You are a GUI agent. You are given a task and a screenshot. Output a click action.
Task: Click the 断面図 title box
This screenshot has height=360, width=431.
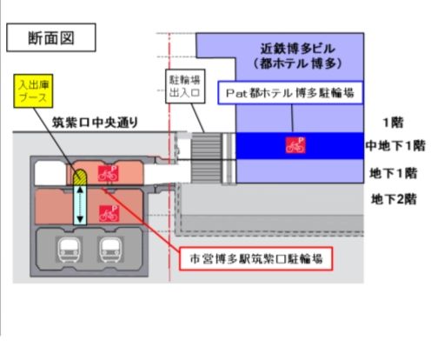51,37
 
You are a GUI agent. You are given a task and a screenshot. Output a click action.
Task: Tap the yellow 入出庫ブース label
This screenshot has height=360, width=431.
33,91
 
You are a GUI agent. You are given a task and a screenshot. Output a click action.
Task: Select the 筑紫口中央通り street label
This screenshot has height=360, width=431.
95,123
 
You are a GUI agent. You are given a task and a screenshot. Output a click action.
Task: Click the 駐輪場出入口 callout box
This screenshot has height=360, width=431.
185,86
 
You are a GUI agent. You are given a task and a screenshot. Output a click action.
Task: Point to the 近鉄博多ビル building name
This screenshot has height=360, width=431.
298,49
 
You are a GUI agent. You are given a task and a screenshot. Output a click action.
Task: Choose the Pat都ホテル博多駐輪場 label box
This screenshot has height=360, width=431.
290,93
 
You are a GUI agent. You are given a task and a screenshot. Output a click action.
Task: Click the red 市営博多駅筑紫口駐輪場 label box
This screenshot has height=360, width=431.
256,258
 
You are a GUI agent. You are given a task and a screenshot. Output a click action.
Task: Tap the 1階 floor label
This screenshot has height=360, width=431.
393,123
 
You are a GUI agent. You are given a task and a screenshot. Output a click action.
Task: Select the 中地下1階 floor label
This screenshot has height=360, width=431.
395,145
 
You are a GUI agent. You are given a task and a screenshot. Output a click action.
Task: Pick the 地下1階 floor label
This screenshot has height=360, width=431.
394,173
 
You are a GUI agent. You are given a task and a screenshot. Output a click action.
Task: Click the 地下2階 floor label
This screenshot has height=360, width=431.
394,199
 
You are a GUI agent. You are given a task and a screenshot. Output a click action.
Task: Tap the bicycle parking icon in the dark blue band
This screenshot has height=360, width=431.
295,145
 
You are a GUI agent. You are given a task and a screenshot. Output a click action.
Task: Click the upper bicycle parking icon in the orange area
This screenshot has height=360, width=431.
108,174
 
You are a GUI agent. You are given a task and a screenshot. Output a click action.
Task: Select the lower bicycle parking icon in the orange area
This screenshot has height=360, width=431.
109,213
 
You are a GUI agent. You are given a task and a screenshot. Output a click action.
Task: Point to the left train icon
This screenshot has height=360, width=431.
69,250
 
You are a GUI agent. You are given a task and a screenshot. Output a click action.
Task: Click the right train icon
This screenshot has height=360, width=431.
110,250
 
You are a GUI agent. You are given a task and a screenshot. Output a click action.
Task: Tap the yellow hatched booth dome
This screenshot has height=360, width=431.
79,177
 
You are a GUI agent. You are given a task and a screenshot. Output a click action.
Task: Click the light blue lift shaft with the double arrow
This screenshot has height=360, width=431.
80,204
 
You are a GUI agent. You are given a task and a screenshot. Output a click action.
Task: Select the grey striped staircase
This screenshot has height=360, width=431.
206,157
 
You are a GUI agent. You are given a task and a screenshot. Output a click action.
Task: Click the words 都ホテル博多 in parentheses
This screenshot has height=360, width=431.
298,63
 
